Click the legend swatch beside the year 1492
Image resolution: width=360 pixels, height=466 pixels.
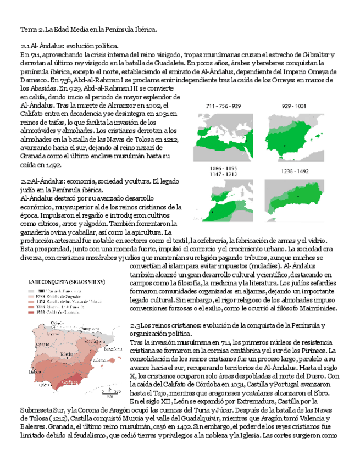click(31, 313)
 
